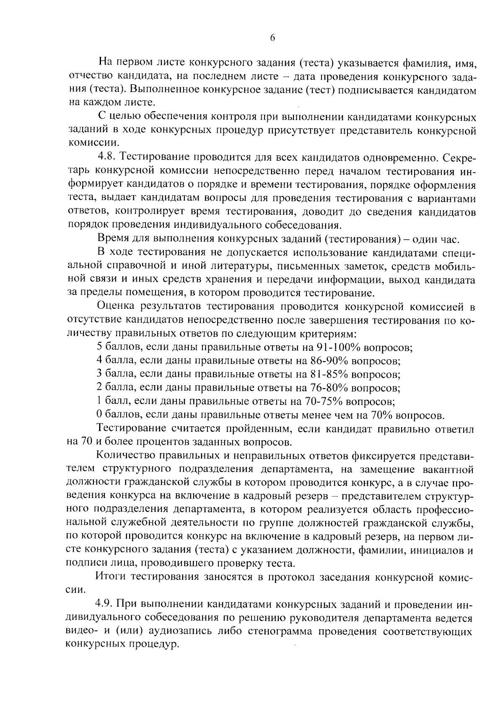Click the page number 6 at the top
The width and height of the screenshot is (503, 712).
272,38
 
